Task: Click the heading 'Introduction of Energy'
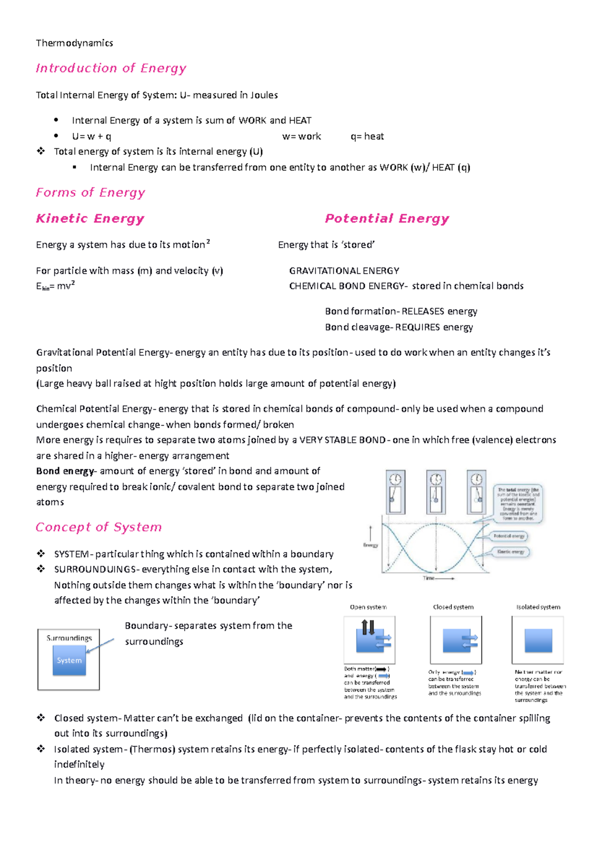pos(111,68)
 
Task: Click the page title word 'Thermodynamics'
pos(75,43)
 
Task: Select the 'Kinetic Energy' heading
pos(90,218)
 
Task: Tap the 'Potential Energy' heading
pos(387,218)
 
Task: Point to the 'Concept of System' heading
pos(99,527)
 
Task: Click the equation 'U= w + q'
pos(92,136)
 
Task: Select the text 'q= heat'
pos(367,136)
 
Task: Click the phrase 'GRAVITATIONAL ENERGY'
pos(344,271)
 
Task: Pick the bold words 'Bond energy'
pos(65,471)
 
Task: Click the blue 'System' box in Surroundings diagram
pos(69,660)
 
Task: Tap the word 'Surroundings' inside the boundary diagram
pos(69,638)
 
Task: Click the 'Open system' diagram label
pos(368,607)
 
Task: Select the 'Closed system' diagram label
pos(453,607)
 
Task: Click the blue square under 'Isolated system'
pos(538,640)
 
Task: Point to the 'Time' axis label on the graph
pos(429,578)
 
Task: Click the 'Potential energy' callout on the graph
pos(509,536)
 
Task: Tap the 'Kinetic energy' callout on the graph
pos(511,552)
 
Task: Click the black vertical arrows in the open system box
pos(368,628)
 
